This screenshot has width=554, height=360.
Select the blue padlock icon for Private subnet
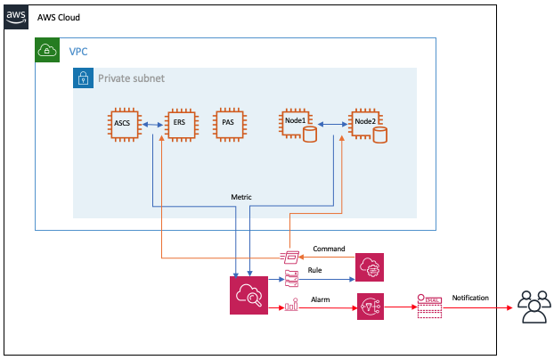83,78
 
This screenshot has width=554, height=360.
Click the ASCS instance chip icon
122,124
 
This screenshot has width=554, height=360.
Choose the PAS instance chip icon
229,124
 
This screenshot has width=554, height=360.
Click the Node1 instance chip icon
295,122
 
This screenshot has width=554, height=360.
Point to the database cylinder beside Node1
310,135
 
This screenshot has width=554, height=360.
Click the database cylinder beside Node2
380,135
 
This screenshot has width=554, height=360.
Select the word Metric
243,195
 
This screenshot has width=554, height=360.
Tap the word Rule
314,269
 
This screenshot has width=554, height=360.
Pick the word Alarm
321,300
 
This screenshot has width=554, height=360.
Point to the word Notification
470,298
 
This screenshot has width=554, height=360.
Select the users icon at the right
534,307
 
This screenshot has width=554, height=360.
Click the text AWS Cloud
55,17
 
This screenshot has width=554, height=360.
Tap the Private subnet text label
131,78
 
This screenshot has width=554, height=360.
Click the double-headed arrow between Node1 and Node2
330,125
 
